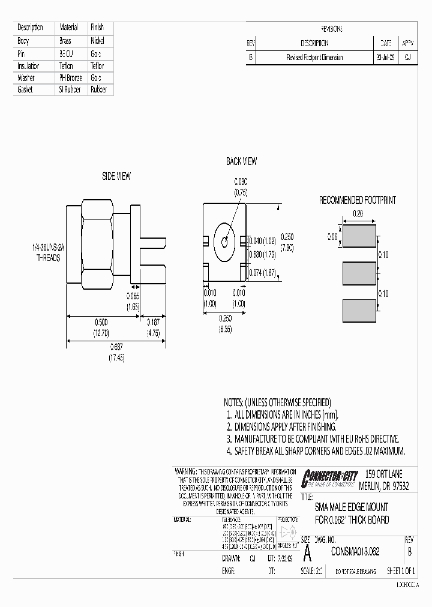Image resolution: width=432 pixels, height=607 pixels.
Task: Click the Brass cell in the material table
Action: click(65, 41)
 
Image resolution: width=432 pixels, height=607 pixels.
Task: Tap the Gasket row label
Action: click(26, 89)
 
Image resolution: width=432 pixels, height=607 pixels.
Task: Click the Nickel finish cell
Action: click(97, 41)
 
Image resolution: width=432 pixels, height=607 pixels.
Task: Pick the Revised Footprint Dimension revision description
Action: click(314, 58)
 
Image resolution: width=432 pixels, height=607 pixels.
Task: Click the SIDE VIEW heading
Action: click(116, 176)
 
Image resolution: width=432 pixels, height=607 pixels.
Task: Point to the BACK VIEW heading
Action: click(241, 161)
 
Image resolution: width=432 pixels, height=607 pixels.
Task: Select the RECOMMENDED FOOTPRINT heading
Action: click(357, 200)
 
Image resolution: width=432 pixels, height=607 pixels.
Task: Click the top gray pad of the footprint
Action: click(359, 237)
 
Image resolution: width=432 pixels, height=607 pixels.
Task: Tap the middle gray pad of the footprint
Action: click(359, 274)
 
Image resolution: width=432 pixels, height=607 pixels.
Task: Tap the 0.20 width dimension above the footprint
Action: click(358, 214)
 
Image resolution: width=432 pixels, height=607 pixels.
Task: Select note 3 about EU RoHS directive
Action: click(312, 439)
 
